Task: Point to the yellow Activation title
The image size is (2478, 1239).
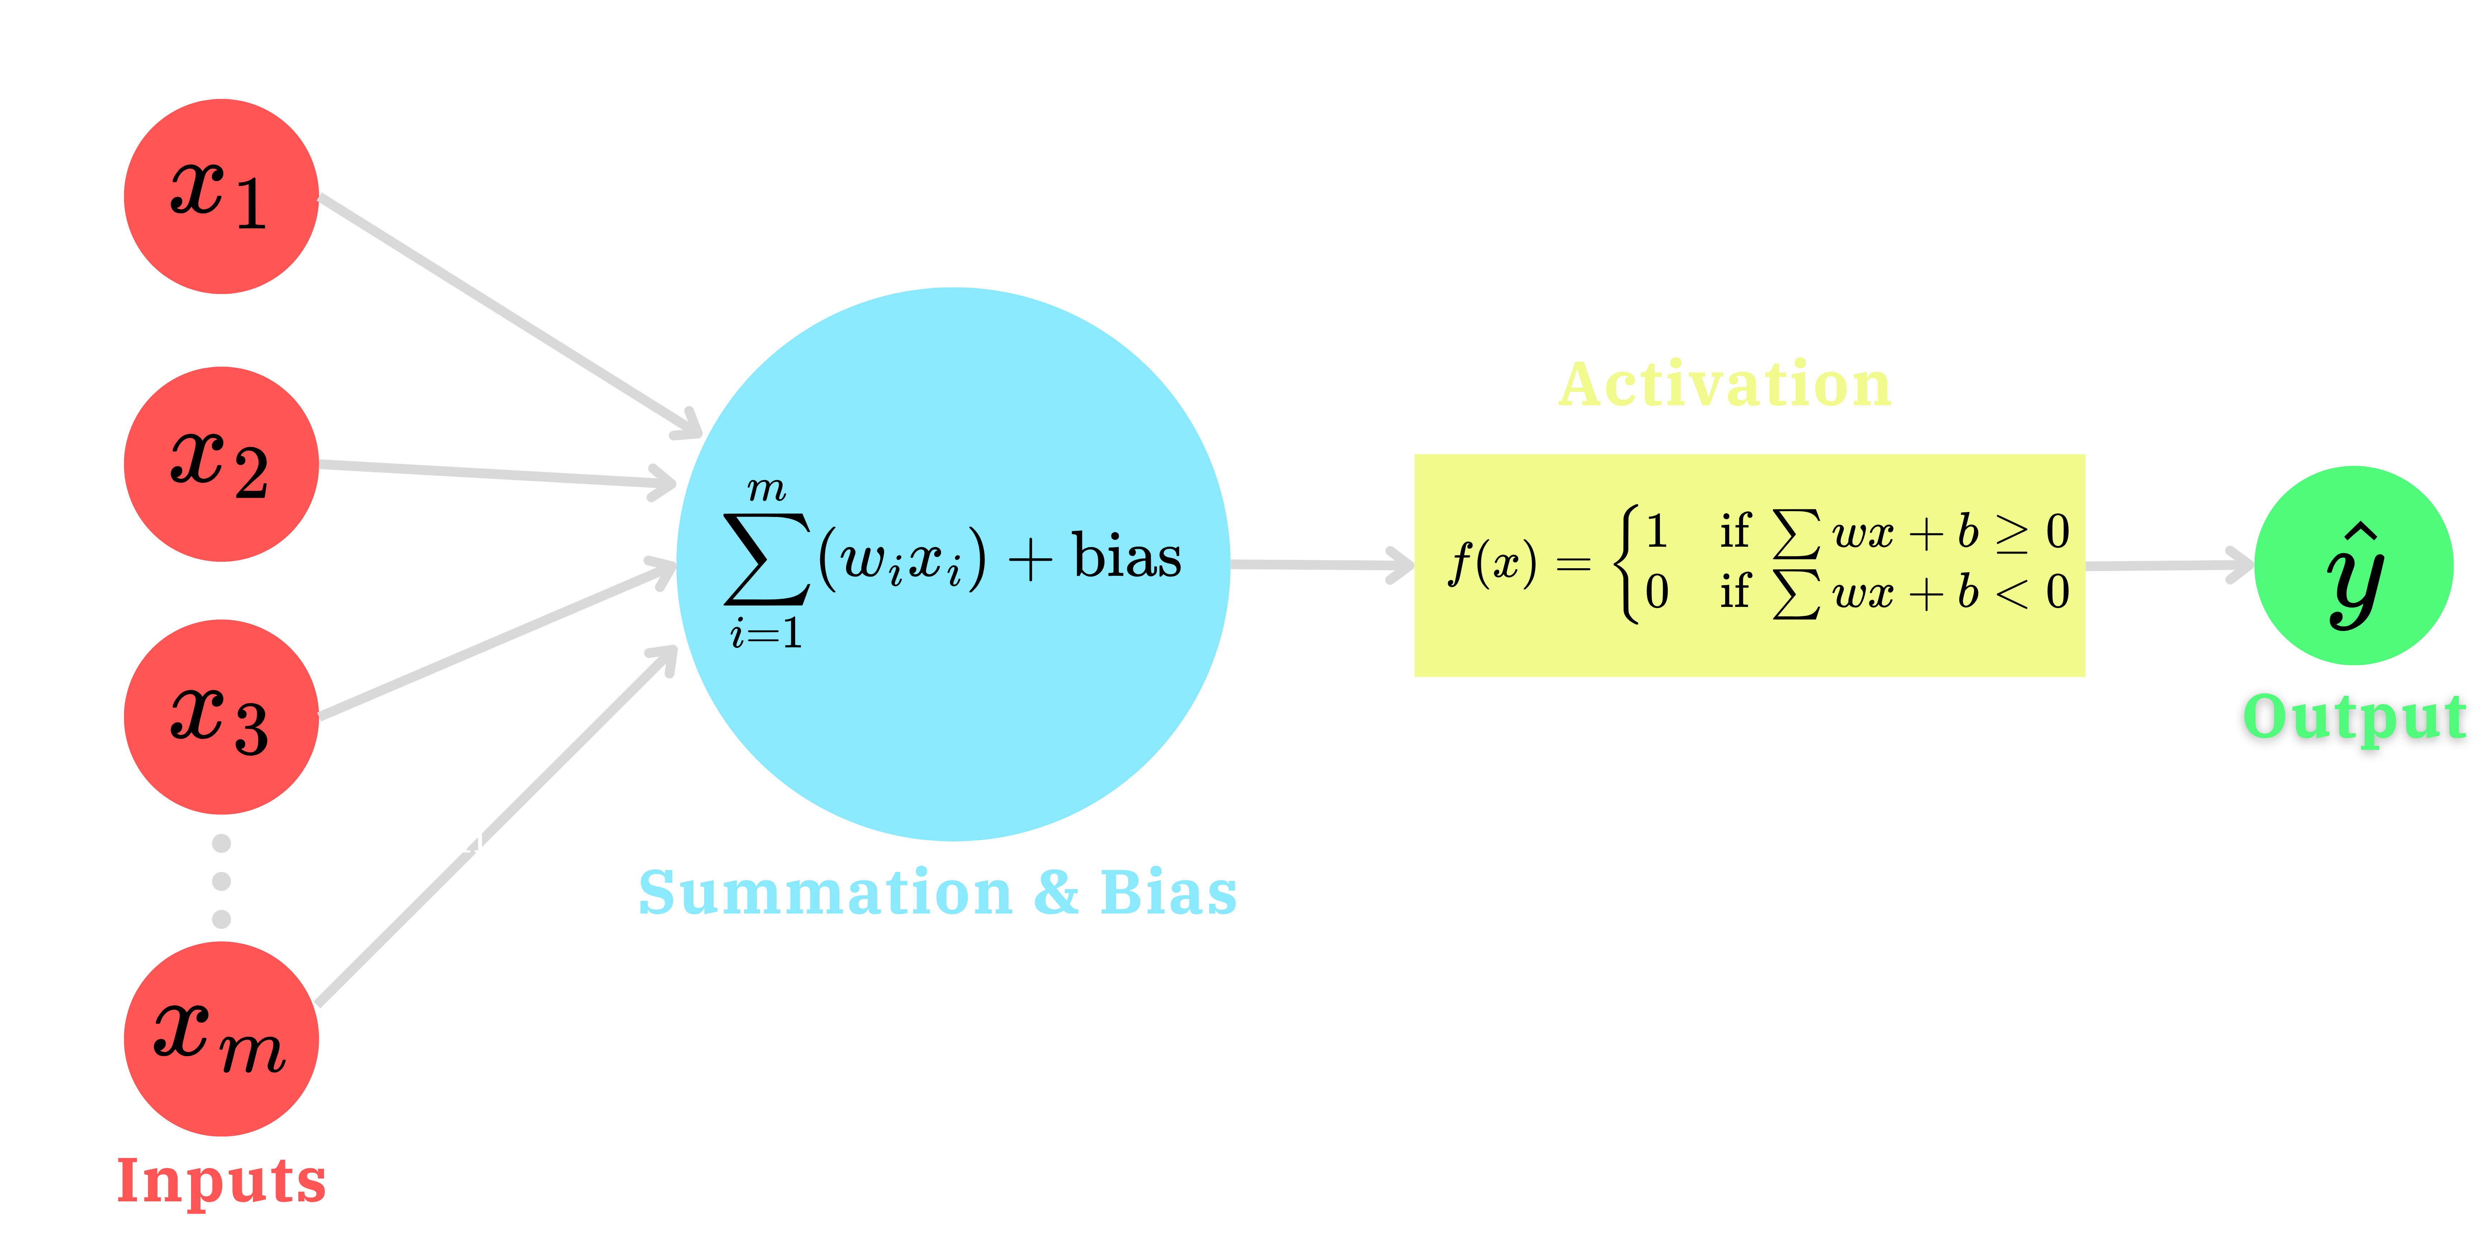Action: point(1725,385)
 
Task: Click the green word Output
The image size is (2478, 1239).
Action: point(2354,718)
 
